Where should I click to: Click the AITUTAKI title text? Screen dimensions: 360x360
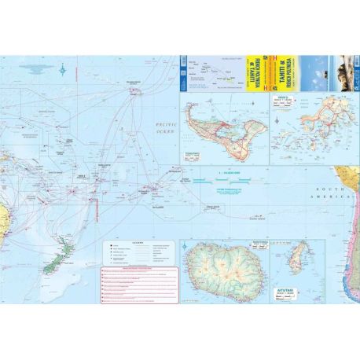click(288, 291)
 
